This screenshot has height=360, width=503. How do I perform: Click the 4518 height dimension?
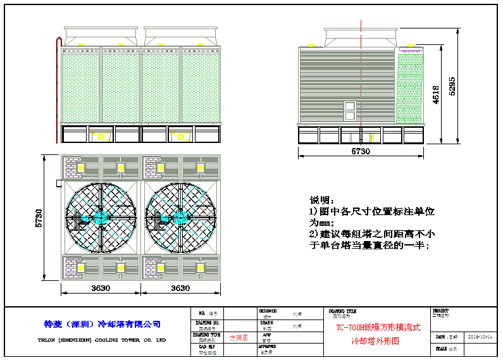pyautogui.click(x=436, y=95)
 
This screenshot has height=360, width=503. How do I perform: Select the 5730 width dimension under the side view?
pyautogui.click(x=360, y=152)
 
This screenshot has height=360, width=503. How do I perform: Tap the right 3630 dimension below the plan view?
pyautogui.click(x=180, y=289)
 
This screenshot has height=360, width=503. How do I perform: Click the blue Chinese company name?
pyautogui.click(x=99, y=324)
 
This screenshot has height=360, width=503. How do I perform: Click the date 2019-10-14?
pyautogui.click(x=480, y=337)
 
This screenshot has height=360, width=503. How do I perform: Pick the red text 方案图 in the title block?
pyautogui.click(x=239, y=338)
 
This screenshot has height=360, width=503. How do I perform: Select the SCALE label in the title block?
pyautogui.click(x=442, y=349)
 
